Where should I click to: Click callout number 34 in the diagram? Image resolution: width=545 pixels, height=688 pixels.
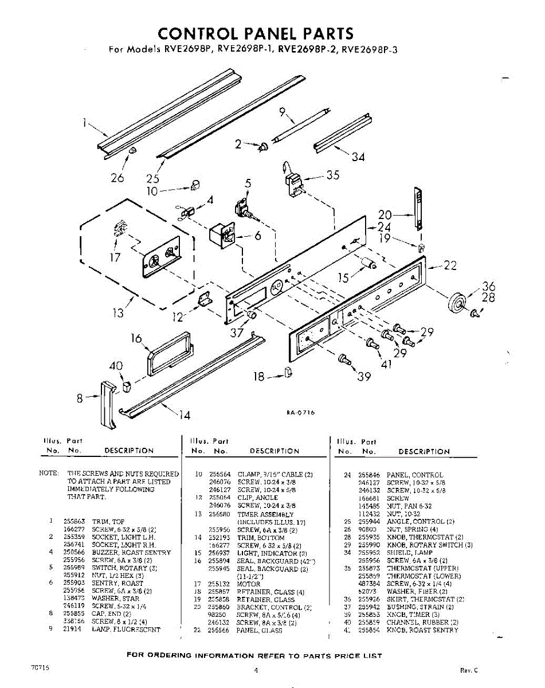[x=358, y=156]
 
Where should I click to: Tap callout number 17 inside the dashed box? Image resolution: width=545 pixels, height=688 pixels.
[x=115, y=257]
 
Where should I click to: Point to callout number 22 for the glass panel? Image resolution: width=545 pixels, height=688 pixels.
[x=450, y=265]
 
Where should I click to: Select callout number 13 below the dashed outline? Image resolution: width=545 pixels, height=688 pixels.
[x=118, y=313]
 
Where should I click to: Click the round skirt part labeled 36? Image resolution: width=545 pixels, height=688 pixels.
[x=457, y=302]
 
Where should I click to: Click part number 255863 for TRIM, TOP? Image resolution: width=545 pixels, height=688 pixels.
[x=74, y=521]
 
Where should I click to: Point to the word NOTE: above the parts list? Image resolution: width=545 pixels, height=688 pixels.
[x=49, y=474]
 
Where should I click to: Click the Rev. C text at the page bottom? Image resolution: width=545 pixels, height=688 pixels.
[x=468, y=670]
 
